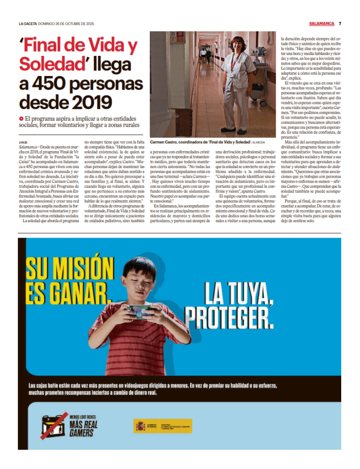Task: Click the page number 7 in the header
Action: click(340, 24)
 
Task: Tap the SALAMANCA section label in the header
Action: click(322, 24)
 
